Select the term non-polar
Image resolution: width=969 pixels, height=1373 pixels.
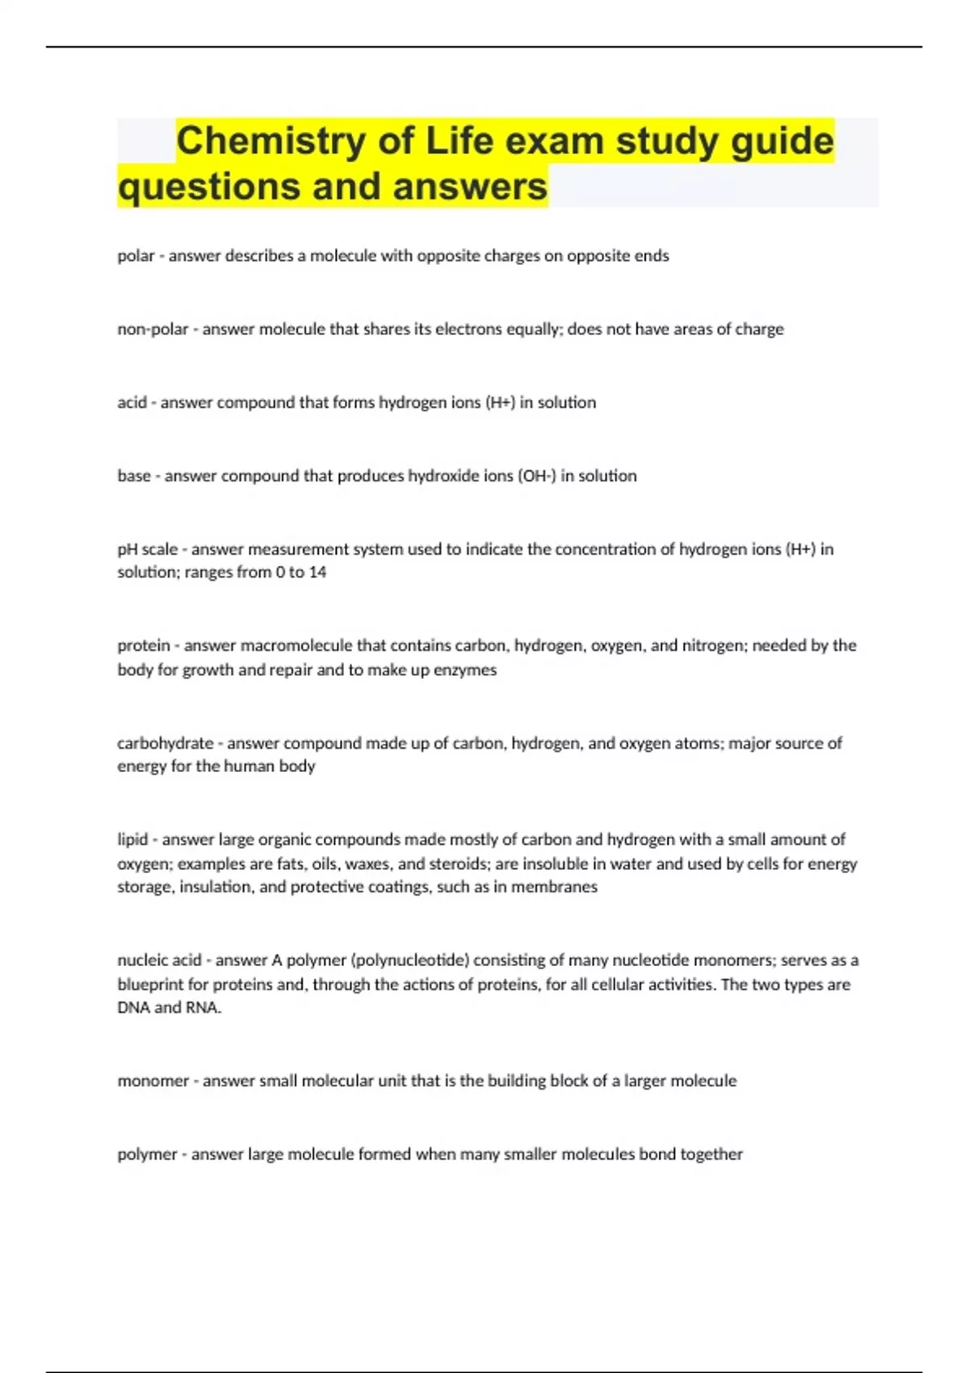click(153, 330)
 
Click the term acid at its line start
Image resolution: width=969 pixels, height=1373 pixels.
click(132, 402)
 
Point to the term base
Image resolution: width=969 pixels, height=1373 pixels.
click(134, 476)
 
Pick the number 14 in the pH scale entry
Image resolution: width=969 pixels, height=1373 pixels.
click(317, 573)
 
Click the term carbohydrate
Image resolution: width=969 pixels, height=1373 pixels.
click(165, 743)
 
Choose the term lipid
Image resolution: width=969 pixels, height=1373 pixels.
click(132, 839)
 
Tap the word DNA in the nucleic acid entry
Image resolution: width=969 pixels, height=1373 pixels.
click(133, 1008)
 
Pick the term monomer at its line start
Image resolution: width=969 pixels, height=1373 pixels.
click(153, 1081)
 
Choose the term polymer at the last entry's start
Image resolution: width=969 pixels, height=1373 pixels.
click(147, 1154)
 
